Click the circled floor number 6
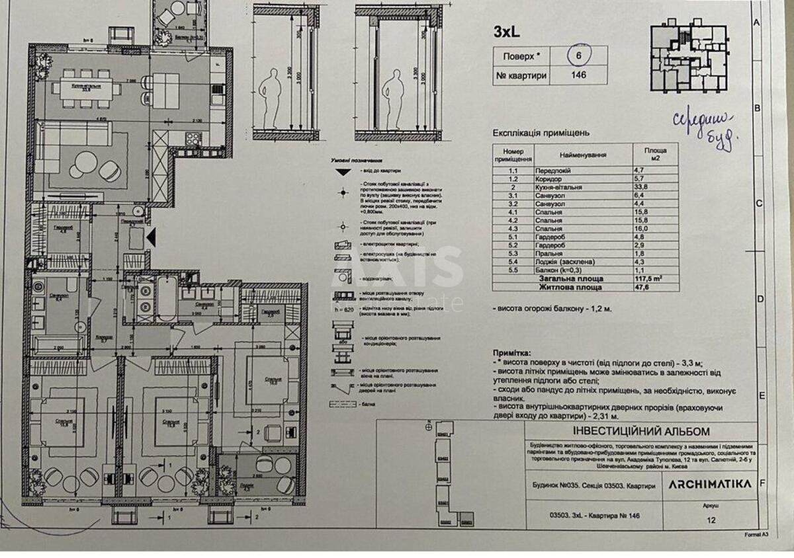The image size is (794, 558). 578,56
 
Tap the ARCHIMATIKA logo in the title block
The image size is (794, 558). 709,484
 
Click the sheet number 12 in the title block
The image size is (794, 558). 711,520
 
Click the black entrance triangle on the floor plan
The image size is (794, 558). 152,237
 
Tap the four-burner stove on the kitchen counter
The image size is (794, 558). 193,139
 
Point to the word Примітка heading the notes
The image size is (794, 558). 514,354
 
